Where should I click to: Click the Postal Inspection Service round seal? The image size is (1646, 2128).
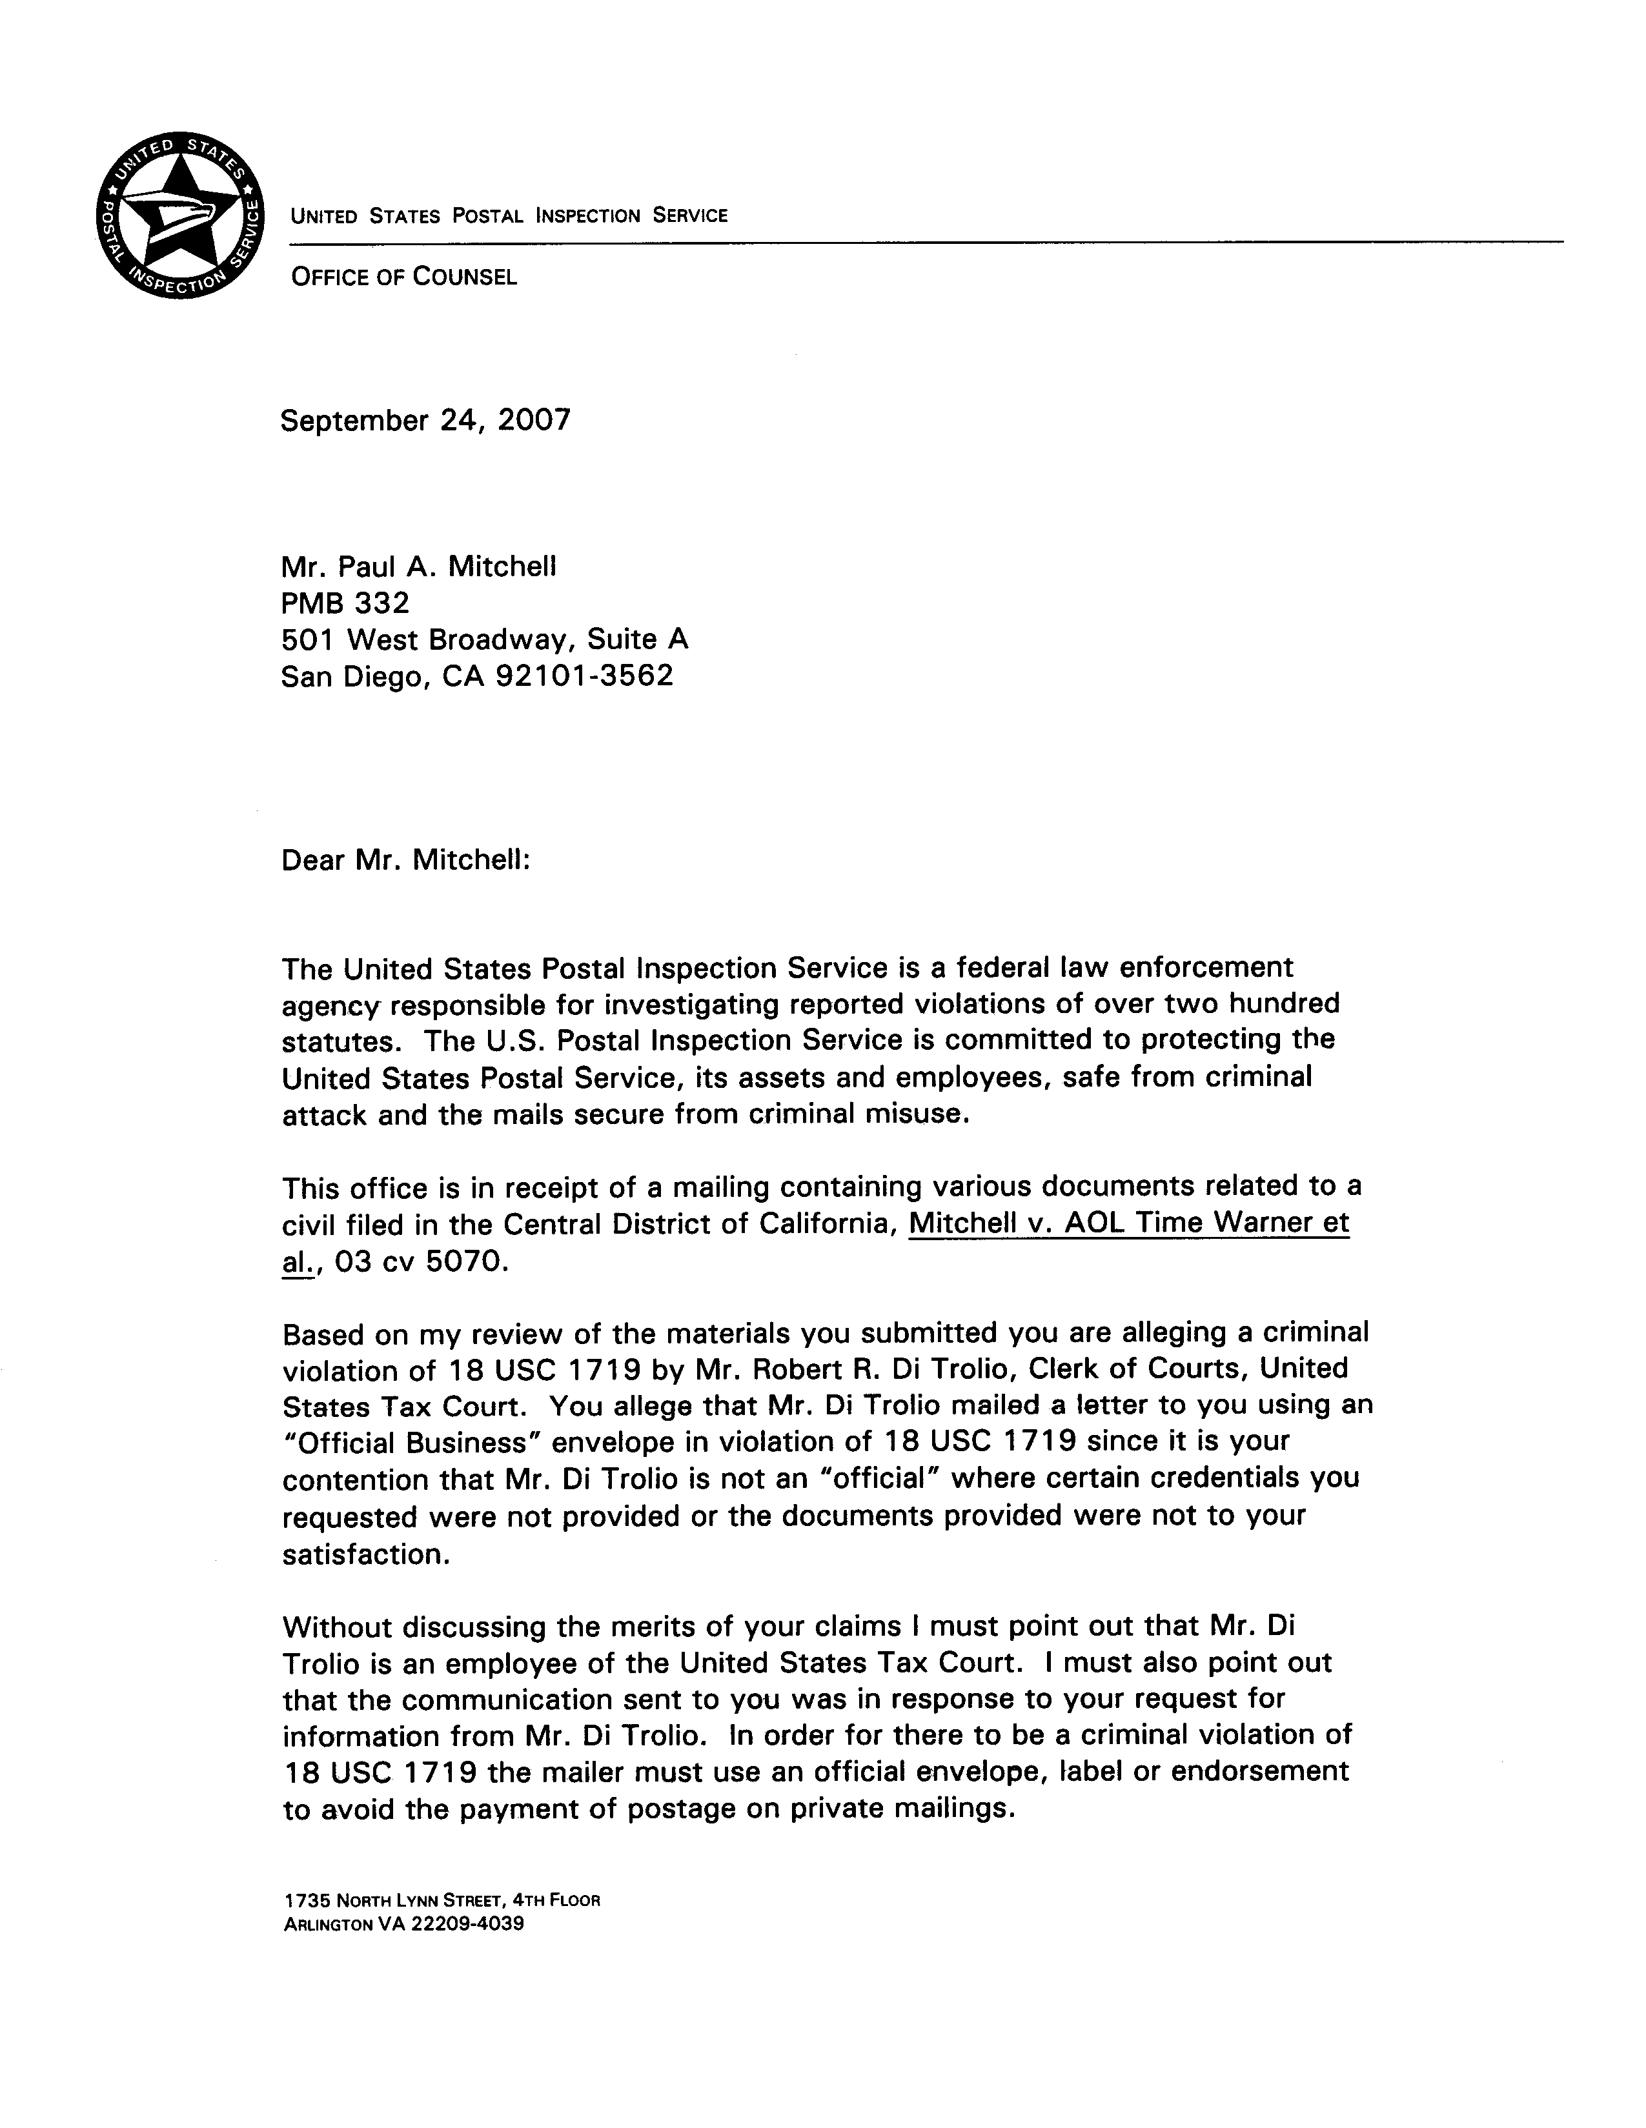[x=180, y=214]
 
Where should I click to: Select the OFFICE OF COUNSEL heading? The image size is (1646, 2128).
[x=403, y=277]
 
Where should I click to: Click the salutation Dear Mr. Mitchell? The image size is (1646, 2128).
[x=405, y=860]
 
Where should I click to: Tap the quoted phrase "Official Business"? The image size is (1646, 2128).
[x=405, y=1443]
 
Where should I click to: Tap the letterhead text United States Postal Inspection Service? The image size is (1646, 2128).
[x=509, y=216]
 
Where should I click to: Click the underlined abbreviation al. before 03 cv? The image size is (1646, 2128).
[x=297, y=1263]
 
